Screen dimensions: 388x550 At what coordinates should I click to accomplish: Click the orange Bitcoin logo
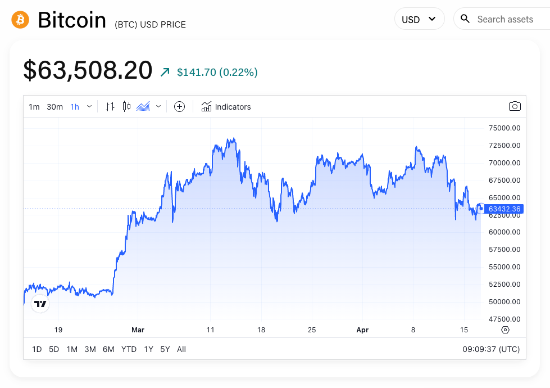(20, 20)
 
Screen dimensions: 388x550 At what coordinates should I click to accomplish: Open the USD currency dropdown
(419, 19)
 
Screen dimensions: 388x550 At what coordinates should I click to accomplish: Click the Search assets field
(504, 19)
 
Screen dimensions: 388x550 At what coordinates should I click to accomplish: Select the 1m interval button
(34, 107)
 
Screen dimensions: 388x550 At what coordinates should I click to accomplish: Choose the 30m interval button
(54, 107)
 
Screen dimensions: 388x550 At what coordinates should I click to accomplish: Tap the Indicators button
(226, 107)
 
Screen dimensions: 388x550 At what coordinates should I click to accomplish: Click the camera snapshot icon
(514, 106)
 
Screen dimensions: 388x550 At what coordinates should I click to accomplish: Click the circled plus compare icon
(179, 107)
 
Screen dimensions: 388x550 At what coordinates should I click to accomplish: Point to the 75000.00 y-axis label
(504, 128)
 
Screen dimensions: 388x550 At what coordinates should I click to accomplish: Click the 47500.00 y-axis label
(504, 319)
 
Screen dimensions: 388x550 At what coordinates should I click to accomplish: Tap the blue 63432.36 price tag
(504, 209)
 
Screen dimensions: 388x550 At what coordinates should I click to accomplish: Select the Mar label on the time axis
(138, 330)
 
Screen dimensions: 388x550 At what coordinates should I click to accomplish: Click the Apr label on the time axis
(362, 330)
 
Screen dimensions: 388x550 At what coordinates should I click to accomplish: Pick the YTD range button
(129, 349)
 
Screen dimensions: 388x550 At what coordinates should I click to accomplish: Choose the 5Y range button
(165, 349)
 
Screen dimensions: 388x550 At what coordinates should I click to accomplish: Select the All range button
(181, 349)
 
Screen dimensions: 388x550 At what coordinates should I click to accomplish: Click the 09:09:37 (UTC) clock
(491, 349)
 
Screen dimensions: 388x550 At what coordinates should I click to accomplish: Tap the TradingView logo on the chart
(40, 304)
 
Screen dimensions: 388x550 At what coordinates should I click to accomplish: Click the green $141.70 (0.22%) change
(217, 72)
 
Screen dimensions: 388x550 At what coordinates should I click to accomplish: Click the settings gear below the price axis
(505, 330)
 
